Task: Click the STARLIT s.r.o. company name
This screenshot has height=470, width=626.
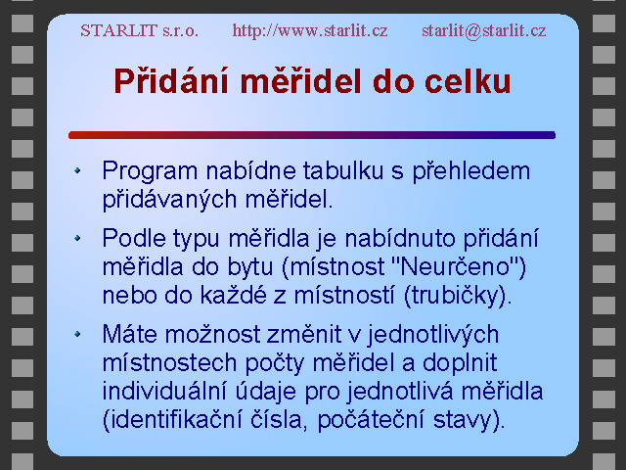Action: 139,30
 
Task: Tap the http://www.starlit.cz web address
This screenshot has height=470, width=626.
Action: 310,30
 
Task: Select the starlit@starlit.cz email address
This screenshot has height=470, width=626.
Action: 484,30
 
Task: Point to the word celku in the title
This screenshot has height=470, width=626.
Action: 468,81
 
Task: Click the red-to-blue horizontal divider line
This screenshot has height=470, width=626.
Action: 312,135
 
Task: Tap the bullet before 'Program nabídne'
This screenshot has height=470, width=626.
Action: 77,170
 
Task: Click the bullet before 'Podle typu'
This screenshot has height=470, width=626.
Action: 77,238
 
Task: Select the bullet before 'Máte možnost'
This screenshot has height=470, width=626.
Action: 77,334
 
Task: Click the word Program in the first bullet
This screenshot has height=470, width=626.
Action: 150,171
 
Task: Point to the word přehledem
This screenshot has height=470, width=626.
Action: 471,172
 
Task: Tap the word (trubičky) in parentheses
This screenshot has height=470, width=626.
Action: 458,296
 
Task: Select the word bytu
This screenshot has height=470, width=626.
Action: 250,267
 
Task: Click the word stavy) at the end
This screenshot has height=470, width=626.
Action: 469,420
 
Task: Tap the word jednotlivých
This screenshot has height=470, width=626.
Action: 433,335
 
